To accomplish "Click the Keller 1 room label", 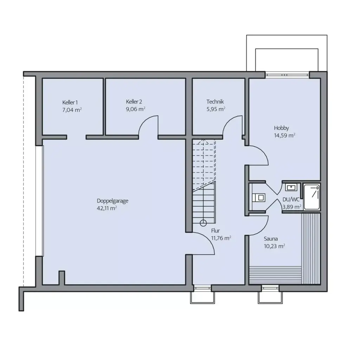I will click(69, 102).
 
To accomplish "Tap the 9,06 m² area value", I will click(135, 109).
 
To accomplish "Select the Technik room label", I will click(215, 102).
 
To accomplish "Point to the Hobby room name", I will click(282, 128).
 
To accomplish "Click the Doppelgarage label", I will click(112, 201).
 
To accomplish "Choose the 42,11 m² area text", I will click(107, 208).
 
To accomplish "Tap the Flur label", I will click(215, 231).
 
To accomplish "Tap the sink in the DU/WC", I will click(291, 187).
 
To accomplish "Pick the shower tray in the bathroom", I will click(312, 197).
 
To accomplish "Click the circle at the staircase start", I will click(203, 223).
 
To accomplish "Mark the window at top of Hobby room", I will click(287, 74).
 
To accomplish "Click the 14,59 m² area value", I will click(284, 135).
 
